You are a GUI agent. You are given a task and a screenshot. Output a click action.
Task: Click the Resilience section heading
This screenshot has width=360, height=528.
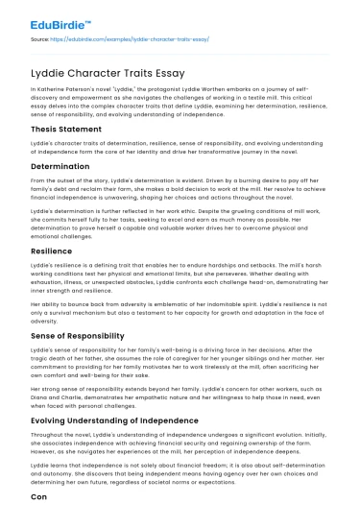click(x=44, y=249)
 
